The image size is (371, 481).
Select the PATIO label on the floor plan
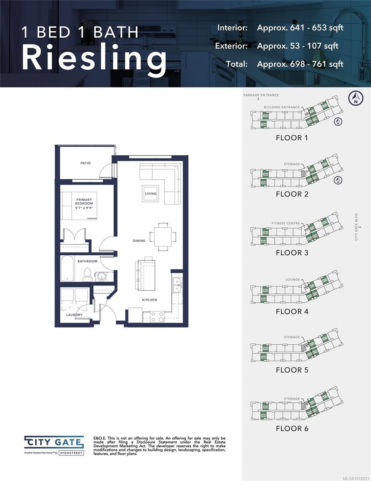(x=85, y=163)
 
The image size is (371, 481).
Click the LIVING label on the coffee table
(x=151, y=194)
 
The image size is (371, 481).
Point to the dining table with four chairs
(x=163, y=236)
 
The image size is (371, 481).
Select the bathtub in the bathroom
(x=68, y=269)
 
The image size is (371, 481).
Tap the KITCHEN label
(x=149, y=300)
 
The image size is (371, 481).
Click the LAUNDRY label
(x=74, y=315)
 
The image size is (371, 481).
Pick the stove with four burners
(x=156, y=317)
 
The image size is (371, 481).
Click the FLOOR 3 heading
(x=292, y=253)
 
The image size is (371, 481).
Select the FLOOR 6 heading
(x=292, y=428)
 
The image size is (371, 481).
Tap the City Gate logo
(x=54, y=443)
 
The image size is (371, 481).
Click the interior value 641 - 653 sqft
(x=300, y=28)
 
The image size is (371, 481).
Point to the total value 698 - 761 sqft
(x=300, y=64)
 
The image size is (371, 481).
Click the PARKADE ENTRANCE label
(x=261, y=95)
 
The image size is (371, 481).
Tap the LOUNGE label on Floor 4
(x=293, y=280)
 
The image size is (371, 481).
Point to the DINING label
(x=139, y=241)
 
